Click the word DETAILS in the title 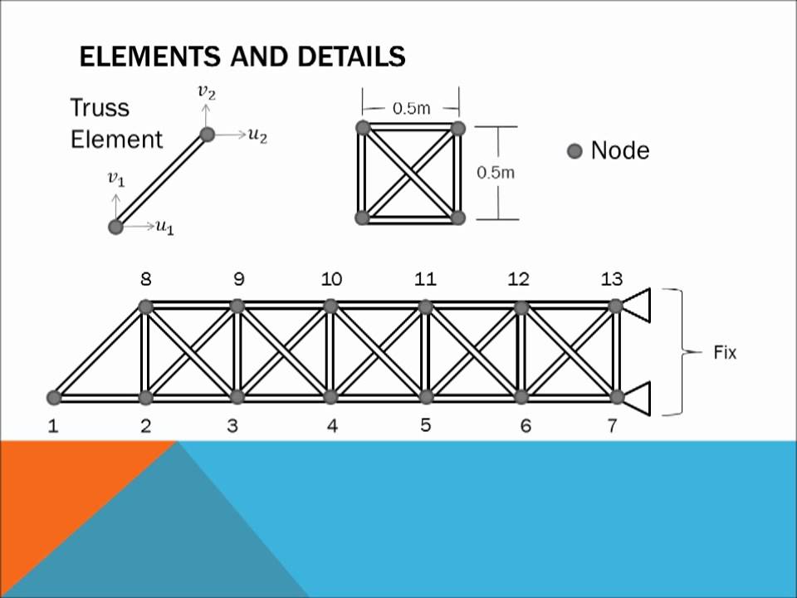click(351, 56)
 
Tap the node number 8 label click(146, 279)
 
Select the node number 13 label click(612, 279)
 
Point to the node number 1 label click(53, 425)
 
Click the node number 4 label click(332, 425)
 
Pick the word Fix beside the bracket click(725, 352)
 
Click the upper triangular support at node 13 click(637, 305)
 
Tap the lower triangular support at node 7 click(637, 398)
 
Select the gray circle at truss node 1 click(54, 397)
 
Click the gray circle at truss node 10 click(330, 306)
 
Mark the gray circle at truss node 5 click(426, 397)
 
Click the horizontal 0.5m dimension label click(411, 108)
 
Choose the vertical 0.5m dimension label click(496, 173)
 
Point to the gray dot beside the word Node click(575, 151)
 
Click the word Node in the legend click(620, 150)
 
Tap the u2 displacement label click(257, 135)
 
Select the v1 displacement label click(116, 179)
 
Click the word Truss click(100, 108)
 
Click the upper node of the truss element click(207, 135)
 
